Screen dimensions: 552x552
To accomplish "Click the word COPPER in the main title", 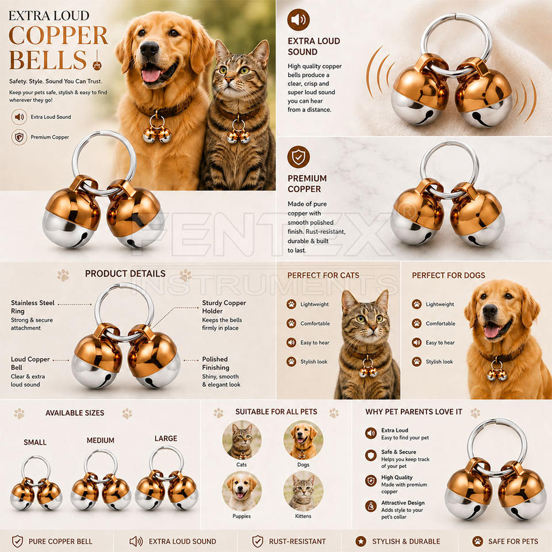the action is [59, 35].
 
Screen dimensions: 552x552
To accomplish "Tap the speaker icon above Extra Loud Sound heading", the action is [298, 20].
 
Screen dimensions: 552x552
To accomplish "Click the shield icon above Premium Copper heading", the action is [298, 156].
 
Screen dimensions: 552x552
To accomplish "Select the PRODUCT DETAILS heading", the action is [125, 274].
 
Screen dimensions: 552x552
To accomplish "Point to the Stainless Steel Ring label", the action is [32, 307].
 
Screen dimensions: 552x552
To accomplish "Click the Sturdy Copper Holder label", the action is [224, 307].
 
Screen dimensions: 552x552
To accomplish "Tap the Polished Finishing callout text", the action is [216, 363].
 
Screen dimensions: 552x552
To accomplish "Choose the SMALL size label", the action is [35, 442].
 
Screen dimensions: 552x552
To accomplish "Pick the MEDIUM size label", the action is [100, 440].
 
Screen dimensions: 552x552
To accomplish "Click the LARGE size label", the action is [166, 438].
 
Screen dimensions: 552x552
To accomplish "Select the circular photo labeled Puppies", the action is [241, 491].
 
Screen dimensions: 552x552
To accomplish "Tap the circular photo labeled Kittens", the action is [303, 491].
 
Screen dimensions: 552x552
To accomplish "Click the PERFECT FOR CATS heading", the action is [323, 275].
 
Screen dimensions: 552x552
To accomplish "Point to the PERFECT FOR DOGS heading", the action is [448, 275].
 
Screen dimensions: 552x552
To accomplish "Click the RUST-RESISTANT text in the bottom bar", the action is [297, 542].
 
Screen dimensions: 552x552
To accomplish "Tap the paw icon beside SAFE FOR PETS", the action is [478, 541].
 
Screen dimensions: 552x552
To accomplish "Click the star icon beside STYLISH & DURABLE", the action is [361, 541].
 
